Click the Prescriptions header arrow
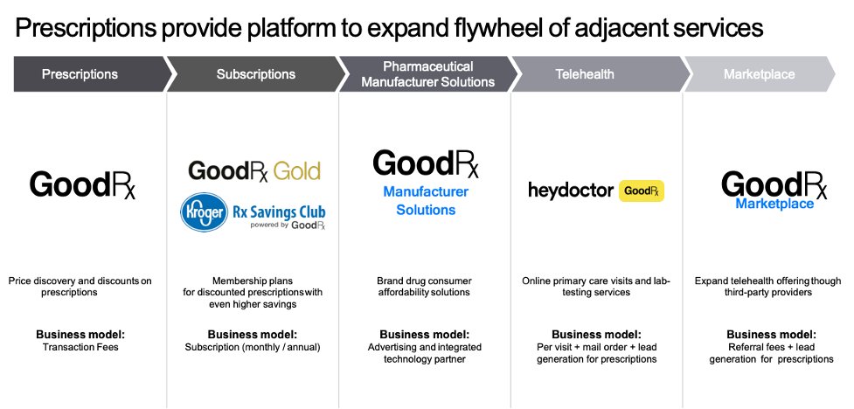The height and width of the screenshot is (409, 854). pyautogui.click(x=80, y=74)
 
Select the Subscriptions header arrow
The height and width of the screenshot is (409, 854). pyautogui.click(x=255, y=74)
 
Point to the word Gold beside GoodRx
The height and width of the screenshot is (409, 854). pyautogui.click(x=297, y=170)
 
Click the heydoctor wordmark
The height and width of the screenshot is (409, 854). pyautogui.click(x=570, y=190)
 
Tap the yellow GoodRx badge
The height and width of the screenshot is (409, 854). pyautogui.click(x=642, y=191)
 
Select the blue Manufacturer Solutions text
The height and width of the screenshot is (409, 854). pyautogui.click(x=426, y=201)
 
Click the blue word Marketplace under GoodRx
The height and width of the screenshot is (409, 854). pyautogui.click(x=774, y=204)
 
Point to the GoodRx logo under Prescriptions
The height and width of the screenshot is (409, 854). pyautogui.click(x=83, y=184)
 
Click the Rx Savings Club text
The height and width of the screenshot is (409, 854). pyautogui.click(x=279, y=211)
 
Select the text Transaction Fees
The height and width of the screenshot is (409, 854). pyautogui.click(x=80, y=347)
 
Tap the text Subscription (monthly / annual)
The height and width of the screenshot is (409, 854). pyautogui.click(x=253, y=347)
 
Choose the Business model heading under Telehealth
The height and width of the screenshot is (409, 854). pyautogui.click(x=596, y=335)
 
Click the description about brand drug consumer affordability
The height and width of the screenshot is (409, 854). pyautogui.click(x=424, y=287)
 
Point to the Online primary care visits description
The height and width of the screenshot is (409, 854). pyautogui.click(x=597, y=287)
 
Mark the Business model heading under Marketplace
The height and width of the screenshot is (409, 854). pyautogui.click(x=772, y=335)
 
